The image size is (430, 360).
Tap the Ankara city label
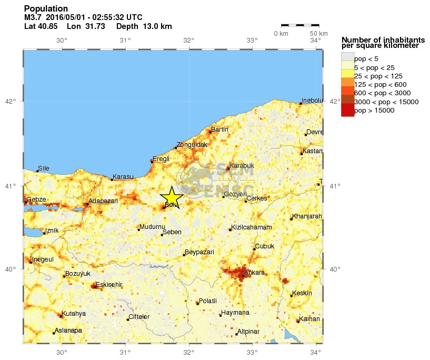pyautogui.click(x=255, y=273)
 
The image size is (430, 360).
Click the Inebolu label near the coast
pyautogui.click(x=311, y=100)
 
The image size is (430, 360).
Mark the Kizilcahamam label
pyautogui.click(x=252, y=227)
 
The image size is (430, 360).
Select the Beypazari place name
pyautogui.click(x=199, y=252)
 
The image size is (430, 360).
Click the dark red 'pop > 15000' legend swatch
pyautogui.click(x=347, y=110)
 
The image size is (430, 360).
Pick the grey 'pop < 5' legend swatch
pyautogui.click(x=347, y=58)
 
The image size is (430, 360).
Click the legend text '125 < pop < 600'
pyautogui.click(x=379, y=84)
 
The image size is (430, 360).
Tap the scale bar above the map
pyautogui.click(x=300, y=25)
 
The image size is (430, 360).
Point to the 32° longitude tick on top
pyautogui.click(x=188, y=41)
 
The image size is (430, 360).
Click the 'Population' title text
pyautogui.click(x=46, y=9)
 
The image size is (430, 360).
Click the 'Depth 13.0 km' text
pyautogui.click(x=144, y=26)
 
